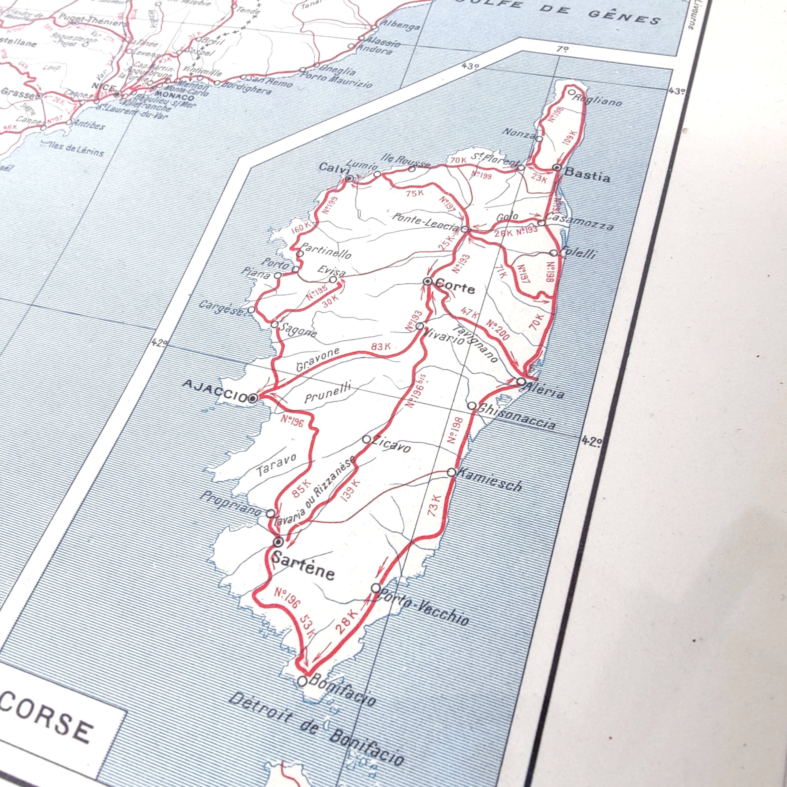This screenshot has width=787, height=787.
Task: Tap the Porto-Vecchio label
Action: coord(424,607)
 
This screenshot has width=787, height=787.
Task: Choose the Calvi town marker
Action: coord(349,178)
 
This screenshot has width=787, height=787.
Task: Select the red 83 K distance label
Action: coord(381,347)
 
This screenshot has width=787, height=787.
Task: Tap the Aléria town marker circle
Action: coord(521,382)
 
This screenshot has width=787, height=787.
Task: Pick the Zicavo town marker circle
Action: coord(366,439)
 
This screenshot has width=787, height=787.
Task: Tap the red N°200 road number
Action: coord(498,330)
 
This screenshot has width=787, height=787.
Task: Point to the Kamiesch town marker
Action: coord(451,472)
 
